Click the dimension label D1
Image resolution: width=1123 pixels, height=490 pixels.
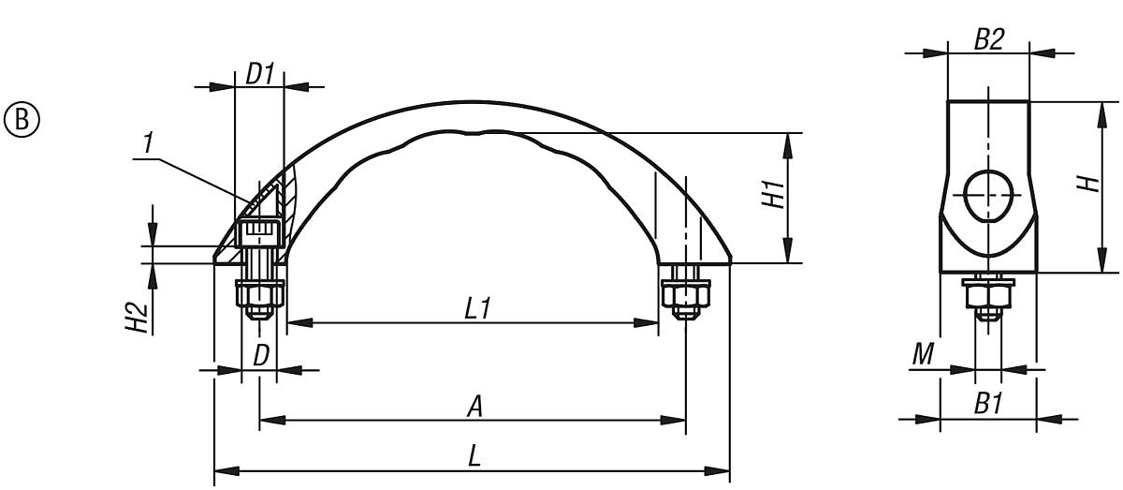click(259, 73)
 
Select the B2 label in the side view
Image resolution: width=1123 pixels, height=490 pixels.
click(988, 39)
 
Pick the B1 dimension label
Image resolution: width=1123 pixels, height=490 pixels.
click(988, 404)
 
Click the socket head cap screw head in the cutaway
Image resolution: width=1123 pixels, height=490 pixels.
click(259, 232)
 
